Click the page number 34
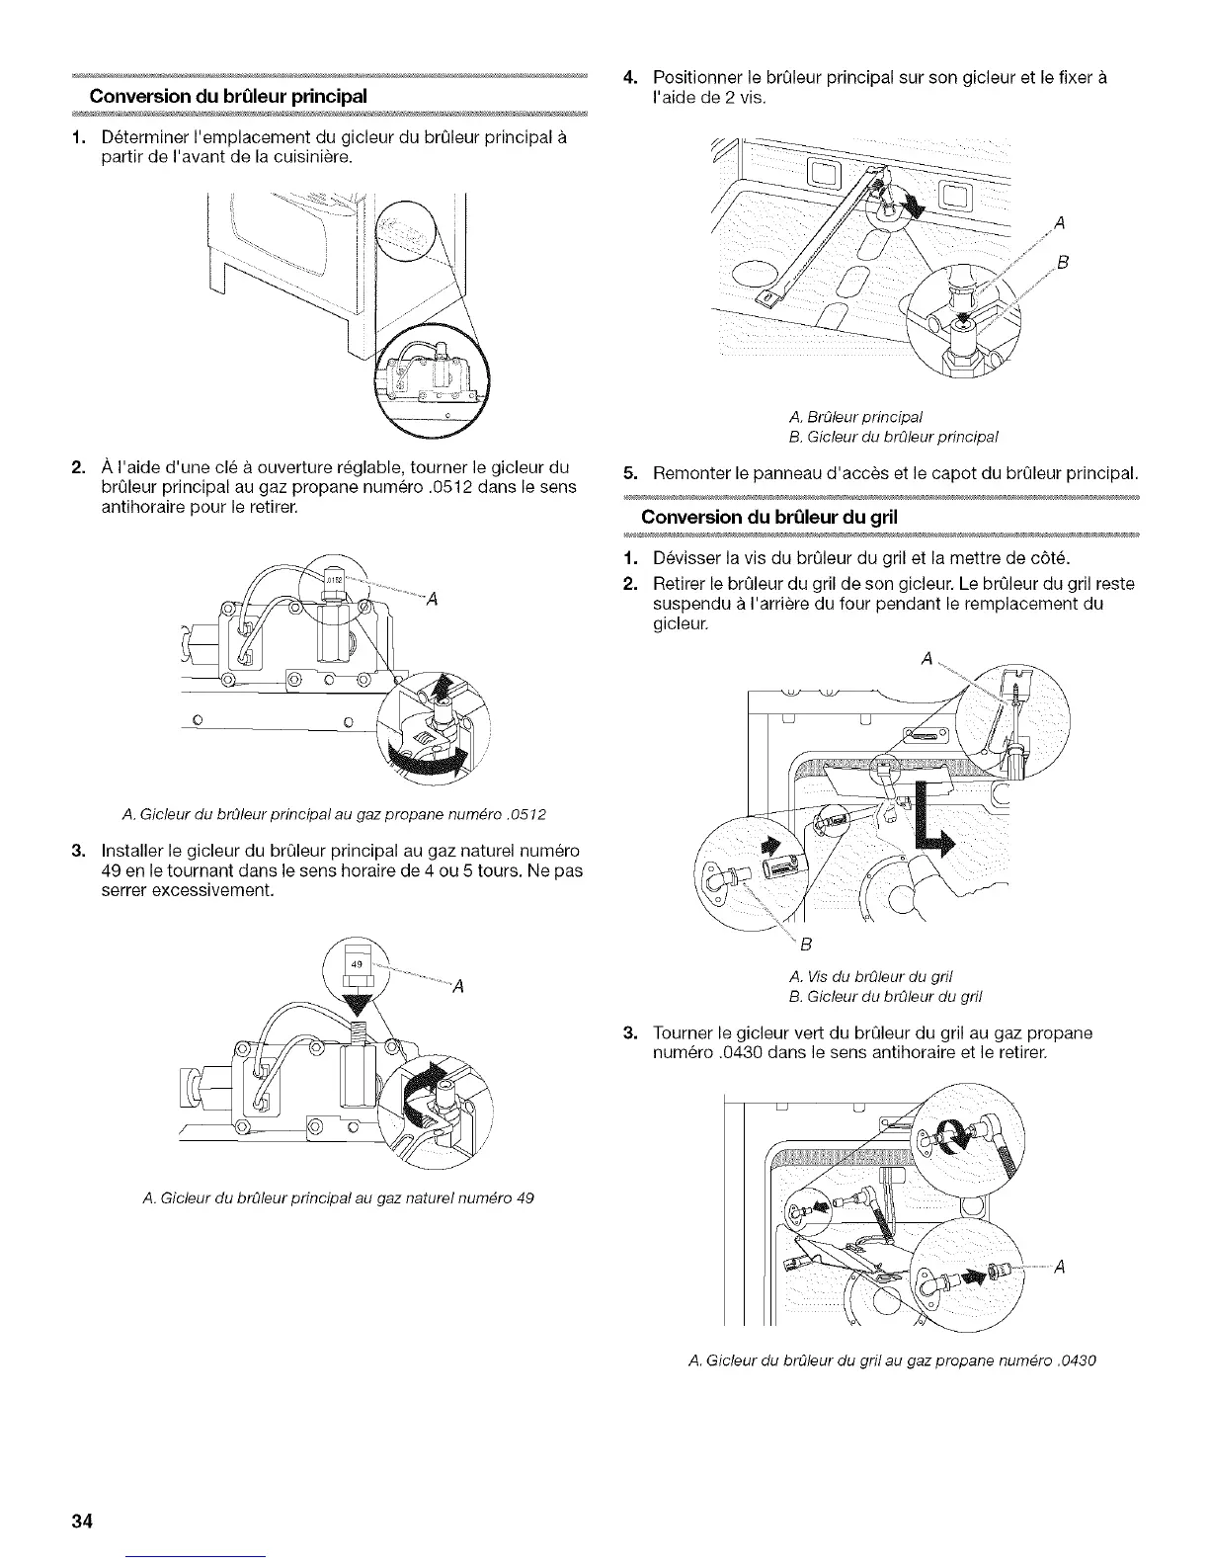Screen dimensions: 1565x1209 [x=81, y=1521]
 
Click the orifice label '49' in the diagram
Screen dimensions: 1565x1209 [x=357, y=963]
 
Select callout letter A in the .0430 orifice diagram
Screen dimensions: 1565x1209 [x=1059, y=1270]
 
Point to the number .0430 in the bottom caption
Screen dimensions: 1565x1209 [x=1075, y=1359]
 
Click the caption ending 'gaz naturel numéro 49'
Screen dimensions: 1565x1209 [x=339, y=1198]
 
